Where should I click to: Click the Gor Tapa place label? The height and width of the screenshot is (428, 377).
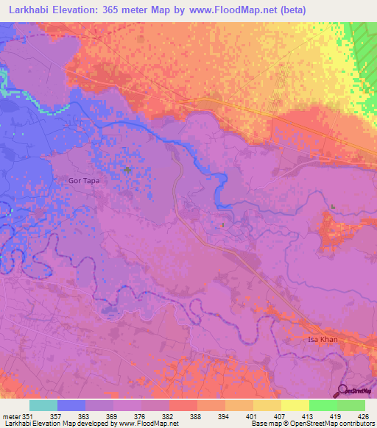85,179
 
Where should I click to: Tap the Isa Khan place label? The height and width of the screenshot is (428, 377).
323,340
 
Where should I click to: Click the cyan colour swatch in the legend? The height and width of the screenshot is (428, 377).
43,405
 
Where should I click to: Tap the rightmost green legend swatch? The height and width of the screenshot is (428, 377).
351,405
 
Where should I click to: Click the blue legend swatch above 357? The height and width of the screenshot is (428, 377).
71,405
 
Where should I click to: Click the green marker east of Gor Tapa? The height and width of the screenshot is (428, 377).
127,171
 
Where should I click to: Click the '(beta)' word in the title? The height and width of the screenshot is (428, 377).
290,10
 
